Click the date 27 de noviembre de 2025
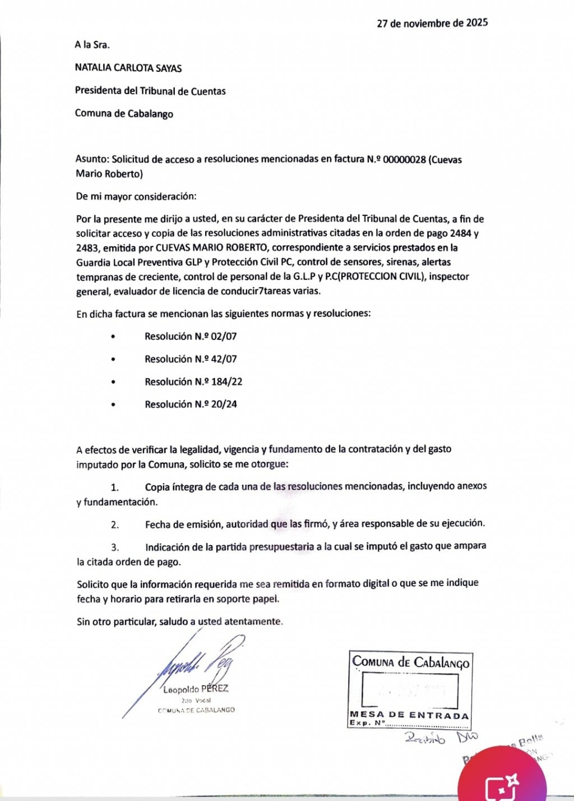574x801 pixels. (432, 24)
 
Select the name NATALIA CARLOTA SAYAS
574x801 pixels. (128, 68)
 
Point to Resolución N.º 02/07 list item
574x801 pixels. (191, 337)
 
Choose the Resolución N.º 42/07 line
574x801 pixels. (191, 359)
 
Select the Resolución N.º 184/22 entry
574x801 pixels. (193, 381)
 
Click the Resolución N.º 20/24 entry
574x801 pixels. (191, 404)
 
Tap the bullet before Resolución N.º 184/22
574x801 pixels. (113, 382)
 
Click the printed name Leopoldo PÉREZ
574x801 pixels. (196, 689)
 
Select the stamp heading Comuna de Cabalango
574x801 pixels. (410, 662)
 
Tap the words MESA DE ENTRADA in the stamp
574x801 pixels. (409, 715)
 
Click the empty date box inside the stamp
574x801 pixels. (410, 689)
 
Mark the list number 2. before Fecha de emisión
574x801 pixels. (115, 524)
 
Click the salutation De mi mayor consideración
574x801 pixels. (136, 196)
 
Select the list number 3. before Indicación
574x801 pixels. (115, 547)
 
